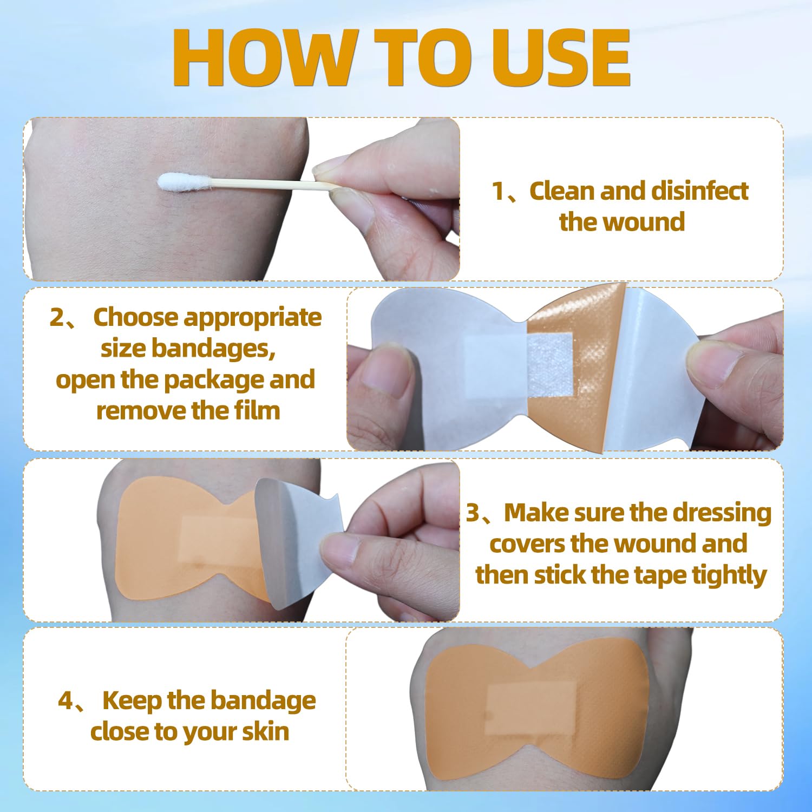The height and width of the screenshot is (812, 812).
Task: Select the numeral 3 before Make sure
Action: click(x=473, y=513)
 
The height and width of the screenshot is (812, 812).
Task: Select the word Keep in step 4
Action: click(x=132, y=700)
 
